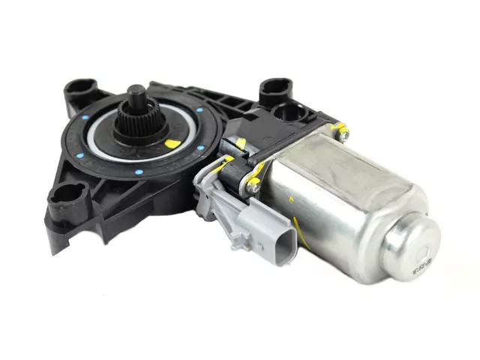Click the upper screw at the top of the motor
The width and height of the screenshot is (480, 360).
point(342,134)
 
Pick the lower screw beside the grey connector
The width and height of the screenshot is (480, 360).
point(255,188)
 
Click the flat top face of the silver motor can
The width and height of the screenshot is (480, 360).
point(345,172)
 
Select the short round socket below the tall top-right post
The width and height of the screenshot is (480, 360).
point(286,113)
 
